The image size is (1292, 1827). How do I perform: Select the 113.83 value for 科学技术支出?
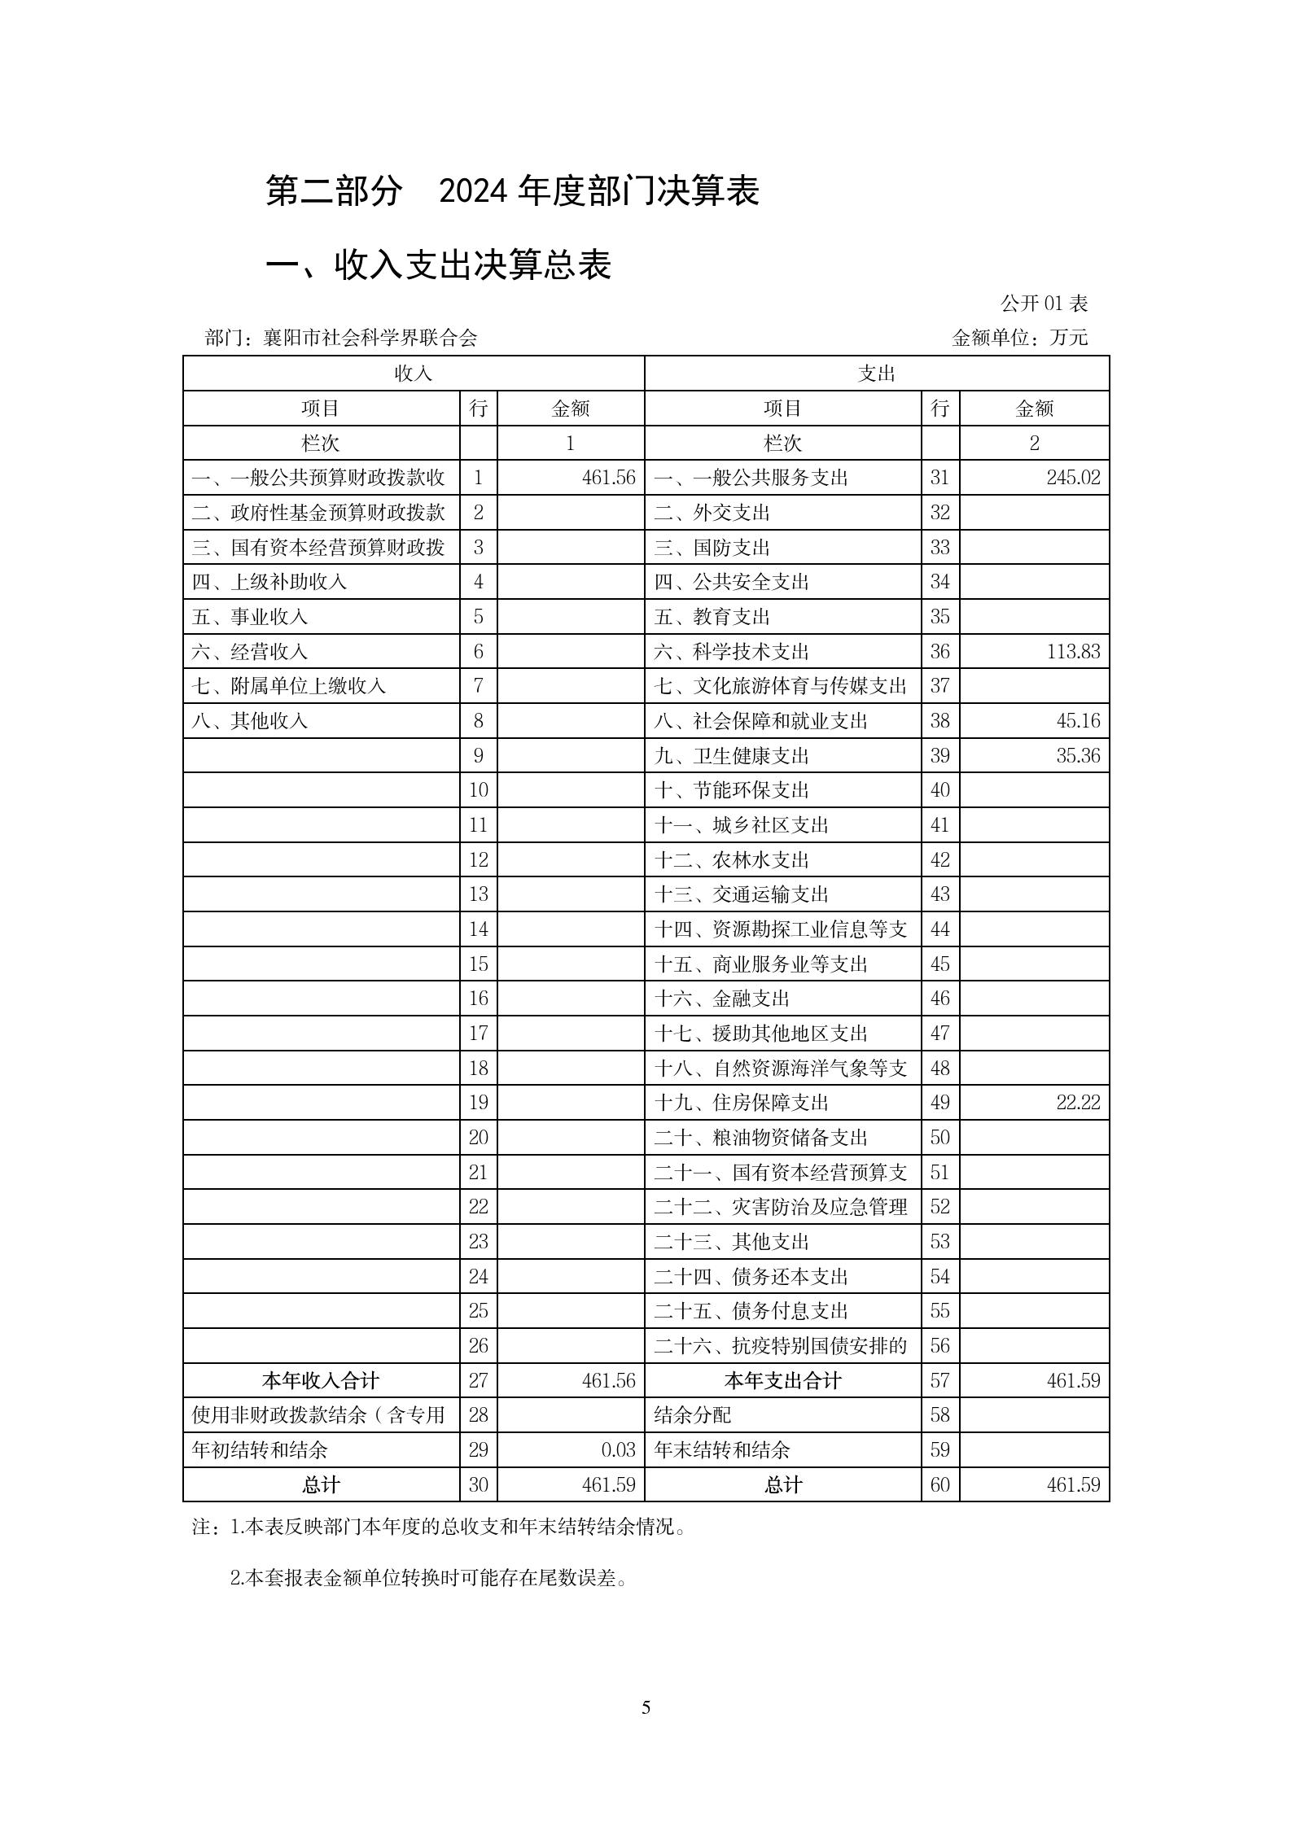pos(1073,652)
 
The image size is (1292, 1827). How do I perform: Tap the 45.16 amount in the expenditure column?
pos(1078,721)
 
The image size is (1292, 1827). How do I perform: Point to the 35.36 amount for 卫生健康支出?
pos(1078,756)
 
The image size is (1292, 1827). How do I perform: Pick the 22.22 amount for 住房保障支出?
pos(1078,1104)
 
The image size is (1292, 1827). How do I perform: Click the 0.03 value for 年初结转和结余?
pos(618,1450)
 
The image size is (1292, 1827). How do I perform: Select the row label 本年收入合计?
pos(321,1381)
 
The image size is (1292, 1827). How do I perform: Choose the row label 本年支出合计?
pos(782,1381)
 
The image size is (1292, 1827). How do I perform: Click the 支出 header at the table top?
pos(876,374)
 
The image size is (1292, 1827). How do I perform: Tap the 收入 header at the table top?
pos(413,374)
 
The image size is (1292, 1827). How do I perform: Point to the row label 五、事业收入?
pos(250,617)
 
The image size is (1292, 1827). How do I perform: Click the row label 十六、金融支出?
pos(721,999)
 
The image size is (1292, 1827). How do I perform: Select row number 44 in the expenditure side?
pos(939,929)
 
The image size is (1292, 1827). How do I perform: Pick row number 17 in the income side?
pos(478,1034)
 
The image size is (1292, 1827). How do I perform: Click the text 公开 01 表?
pos(1044,304)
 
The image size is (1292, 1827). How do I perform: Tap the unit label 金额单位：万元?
pos(1019,339)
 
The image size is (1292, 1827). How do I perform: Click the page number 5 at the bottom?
pos(646,1707)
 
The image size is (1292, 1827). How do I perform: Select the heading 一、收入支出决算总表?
pos(439,265)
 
